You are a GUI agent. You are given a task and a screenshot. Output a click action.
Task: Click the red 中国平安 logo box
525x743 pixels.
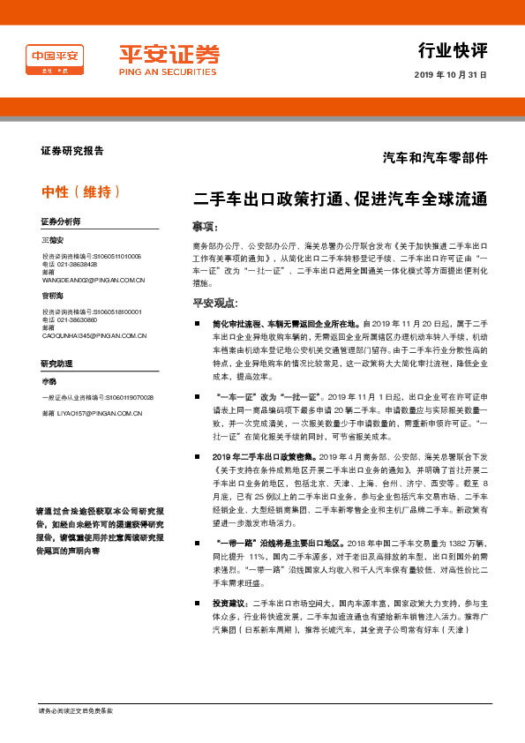pyautogui.click(x=56, y=60)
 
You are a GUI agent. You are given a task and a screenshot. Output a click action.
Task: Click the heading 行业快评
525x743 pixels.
pyautogui.click(x=452, y=50)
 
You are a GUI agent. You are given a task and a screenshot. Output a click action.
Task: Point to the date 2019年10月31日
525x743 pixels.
pyautogui.click(x=450, y=75)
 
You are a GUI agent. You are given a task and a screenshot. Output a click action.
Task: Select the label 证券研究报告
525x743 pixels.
pyautogui.click(x=67, y=151)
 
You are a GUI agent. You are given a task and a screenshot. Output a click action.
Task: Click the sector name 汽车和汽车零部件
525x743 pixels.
pyautogui.click(x=435, y=158)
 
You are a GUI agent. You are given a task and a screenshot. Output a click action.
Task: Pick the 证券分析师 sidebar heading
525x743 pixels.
pyautogui.click(x=60, y=221)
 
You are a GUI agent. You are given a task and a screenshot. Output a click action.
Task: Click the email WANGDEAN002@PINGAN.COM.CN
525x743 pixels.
pyautogui.click(x=94, y=280)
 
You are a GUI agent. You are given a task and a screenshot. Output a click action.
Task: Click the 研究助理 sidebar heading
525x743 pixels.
pyautogui.click(x=55, y=364)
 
